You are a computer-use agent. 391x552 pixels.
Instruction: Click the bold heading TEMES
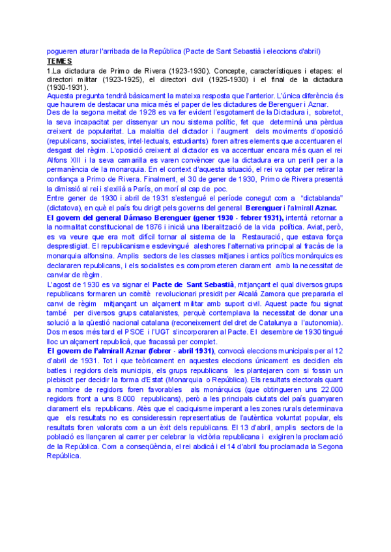point(59,61)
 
